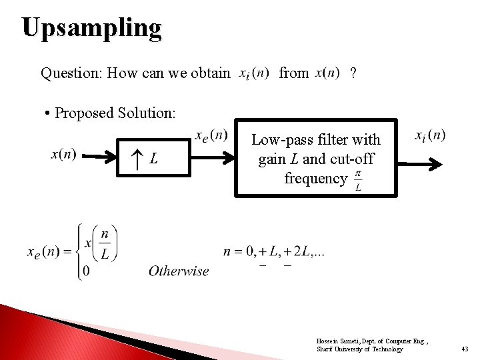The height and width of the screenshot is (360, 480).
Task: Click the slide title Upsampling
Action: click(91, 29)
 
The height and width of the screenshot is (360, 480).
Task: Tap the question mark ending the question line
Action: click(353, 73)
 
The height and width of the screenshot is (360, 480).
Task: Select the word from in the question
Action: click(293, 73)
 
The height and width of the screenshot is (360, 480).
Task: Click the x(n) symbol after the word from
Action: click(327, 72)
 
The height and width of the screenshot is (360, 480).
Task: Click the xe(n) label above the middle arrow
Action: click(211, 136)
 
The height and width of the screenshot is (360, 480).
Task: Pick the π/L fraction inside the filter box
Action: click(358, 180)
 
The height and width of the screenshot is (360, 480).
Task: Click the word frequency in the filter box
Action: click(315, 179)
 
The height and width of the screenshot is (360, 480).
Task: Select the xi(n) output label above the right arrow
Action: click(430, 136)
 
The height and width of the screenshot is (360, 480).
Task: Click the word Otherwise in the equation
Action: click(179, 271)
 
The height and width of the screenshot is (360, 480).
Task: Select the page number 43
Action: click(465, 349)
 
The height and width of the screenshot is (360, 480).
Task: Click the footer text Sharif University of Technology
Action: click(359, 349)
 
